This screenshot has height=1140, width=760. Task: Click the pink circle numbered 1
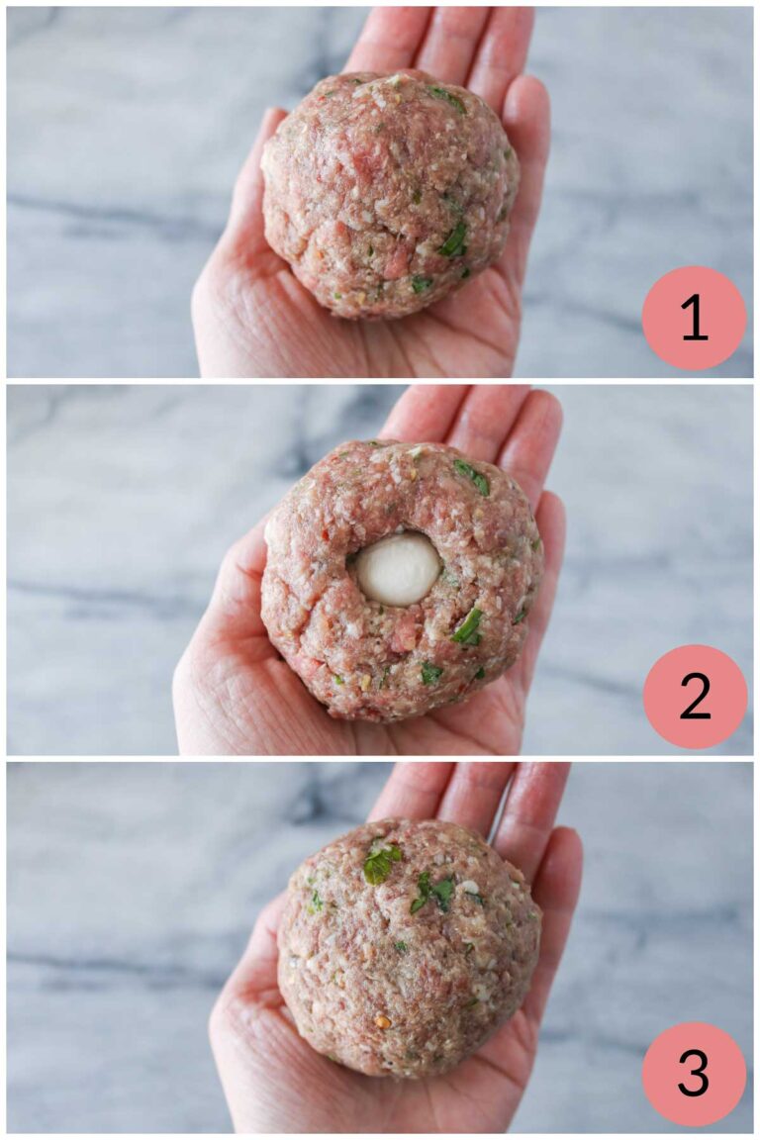pyautogui.click(x=694, y=318)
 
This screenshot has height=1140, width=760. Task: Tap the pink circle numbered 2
pyautogui.click(x=695, y=697)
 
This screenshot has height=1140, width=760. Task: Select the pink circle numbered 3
pyautogui.click(x=694, y=1074)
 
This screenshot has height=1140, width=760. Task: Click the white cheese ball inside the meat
pyautogui.click(x=398, y=569)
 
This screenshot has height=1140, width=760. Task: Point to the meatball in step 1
pyautogui.click(x=390, y=193)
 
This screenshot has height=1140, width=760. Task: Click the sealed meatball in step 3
pyautogui.click(x=409, y=947)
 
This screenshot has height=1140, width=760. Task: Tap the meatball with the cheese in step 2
pyautogui.click(x=401, y=579)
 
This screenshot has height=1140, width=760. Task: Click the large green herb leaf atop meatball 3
pyautogui.click(x=380, y=864)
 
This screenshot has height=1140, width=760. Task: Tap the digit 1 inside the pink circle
pyautogui.click(x=694, y=318)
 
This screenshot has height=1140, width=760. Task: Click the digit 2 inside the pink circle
pyautogui.click(x=695, y=697)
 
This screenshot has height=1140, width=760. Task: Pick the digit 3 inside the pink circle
pyautogui.click(x=694, y=1074)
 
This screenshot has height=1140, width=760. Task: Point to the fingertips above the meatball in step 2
pyautogui.click(x=475, y=416)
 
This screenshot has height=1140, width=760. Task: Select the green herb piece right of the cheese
pyautogui.click(x=468, y=625)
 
